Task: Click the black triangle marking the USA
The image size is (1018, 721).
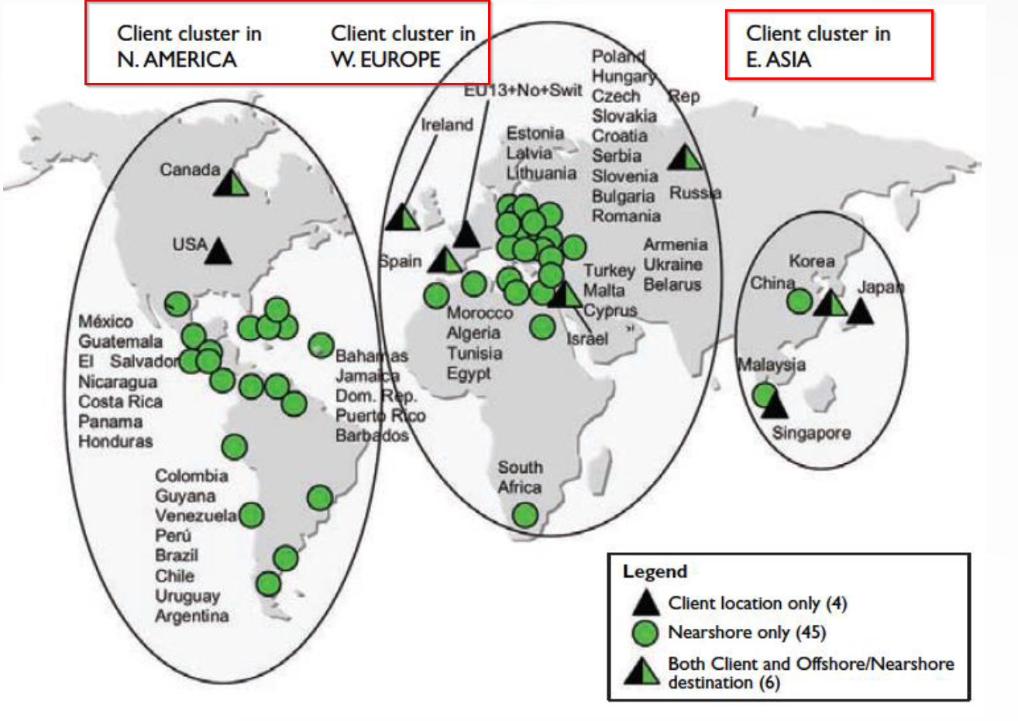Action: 218,252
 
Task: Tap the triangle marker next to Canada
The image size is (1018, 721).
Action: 232,184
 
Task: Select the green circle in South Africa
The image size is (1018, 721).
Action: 525,514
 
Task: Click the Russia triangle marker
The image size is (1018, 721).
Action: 685,158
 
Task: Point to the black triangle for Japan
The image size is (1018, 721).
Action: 859,311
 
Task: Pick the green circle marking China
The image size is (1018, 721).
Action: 800,301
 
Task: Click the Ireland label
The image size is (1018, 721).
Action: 447,125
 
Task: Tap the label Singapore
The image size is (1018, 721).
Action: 811,434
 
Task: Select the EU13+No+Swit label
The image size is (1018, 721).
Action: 523,91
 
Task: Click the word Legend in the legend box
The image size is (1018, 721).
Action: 655,572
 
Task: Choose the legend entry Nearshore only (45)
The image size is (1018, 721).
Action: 747,633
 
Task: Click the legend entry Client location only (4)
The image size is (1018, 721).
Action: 757,603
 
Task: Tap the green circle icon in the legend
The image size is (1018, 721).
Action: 645,633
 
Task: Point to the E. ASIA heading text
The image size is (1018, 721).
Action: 779,60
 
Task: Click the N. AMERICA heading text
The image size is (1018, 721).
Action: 177,60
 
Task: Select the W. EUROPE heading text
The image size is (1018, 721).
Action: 386,60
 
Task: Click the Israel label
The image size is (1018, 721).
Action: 587,339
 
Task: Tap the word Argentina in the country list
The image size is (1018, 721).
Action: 192,616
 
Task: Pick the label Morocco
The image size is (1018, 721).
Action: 480,314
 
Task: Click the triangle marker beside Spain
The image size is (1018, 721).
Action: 445,261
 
